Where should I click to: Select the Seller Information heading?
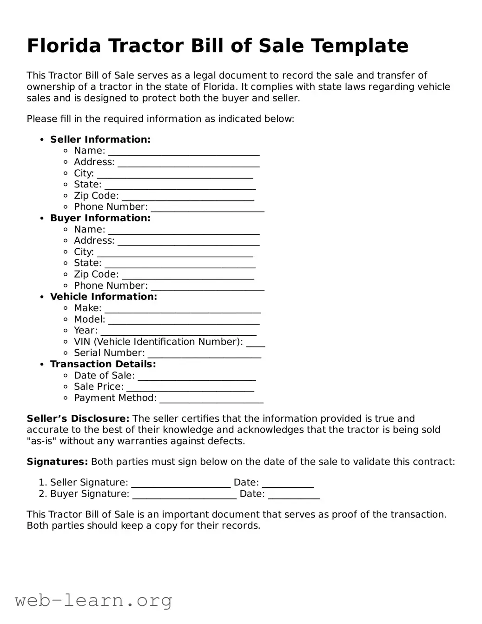coord(100,139)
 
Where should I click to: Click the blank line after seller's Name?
coord(184,153)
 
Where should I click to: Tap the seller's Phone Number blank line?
coord(207,210)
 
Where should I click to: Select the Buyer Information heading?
coord(100,218)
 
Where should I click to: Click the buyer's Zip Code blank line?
coord(188,277)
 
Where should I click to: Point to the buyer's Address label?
coord(94,240)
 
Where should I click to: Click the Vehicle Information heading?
coord(104,297)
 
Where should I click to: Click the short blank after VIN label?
coord(255,345)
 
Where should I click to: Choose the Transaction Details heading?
coord(103,364)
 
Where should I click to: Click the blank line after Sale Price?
coord(190,390)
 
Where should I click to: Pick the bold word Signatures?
coord(57,462)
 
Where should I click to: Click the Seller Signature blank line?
coord(181,485)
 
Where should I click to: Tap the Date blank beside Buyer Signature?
coord(294,497)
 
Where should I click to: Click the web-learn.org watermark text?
coord(93,600)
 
